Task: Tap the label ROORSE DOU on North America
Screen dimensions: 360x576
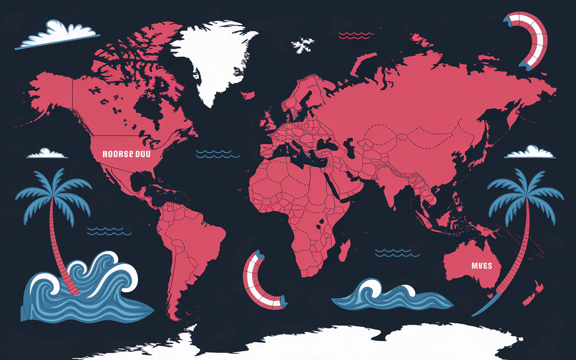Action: [x=126, y=154]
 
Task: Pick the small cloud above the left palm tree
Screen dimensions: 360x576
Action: [x=46, y=153]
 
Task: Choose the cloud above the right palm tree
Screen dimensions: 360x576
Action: [x=530, y=152]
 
